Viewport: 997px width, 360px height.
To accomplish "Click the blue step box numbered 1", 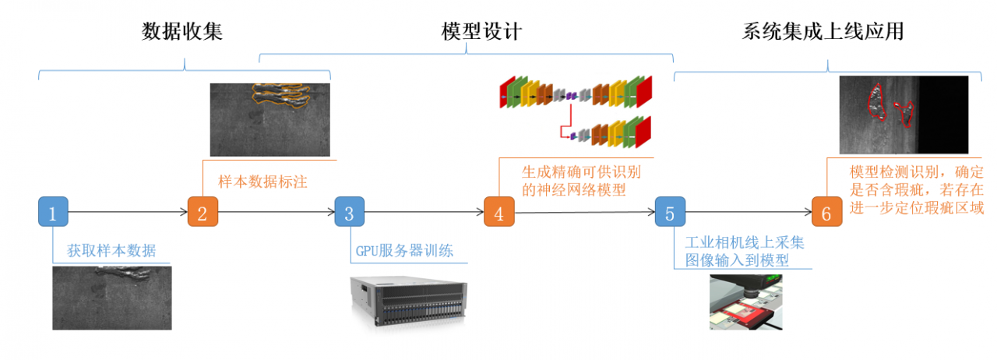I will pyautogui.click(x=53, y=212).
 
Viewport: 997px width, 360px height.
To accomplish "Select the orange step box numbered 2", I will pyautogui.click(x=202, y=212).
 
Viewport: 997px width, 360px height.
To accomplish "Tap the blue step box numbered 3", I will pyautogui.click(x=350, y=212).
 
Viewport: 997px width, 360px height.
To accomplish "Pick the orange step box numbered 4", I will pyautogui.click(x=498, y=212).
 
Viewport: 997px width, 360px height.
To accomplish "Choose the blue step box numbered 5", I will pyautogui.click(x=670, y=212).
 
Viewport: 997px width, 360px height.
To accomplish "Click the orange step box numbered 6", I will pyautogui.click(x=826, y=212).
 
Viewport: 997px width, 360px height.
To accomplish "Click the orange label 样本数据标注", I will pyautogui.click(x=262, y=182).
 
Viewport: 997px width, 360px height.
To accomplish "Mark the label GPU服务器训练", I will pyautogui.click(x=404, y=251).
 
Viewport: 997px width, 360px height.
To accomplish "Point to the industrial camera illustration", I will pyautogui.click(x=745, y=302).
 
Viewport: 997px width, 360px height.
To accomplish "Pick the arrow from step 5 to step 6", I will pyautogui.click(x=748, y=211).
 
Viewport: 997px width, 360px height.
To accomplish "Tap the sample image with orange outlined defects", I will pyautogui.click(x=270, y=119).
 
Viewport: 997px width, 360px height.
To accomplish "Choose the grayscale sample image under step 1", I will pyautogui.click(x=111, y=297).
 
